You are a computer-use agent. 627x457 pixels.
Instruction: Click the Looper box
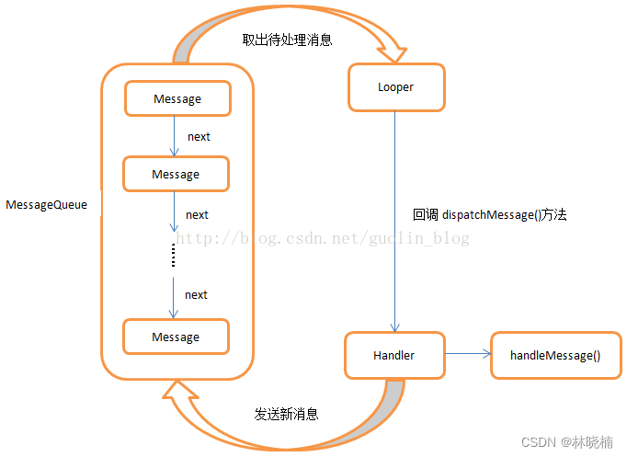click(395, 87)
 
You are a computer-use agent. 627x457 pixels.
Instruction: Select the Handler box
click(393, 355)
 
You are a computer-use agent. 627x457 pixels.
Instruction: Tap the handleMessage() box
click(555, 355)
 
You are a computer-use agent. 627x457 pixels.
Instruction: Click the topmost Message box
click(177, 98)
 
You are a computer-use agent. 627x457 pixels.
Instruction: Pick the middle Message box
click(176, 174)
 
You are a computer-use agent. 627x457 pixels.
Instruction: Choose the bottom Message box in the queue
click(176, 337)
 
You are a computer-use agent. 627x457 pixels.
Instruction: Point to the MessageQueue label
click(47, 205)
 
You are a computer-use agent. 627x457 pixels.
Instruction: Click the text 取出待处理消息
click(287, 40)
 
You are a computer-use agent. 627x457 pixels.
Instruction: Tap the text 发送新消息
click(286, 414)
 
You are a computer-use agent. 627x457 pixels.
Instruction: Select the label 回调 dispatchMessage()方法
click(489, 214)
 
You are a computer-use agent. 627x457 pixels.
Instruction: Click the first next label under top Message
click(199, 136)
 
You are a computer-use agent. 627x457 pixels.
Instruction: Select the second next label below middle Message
click(197, 214)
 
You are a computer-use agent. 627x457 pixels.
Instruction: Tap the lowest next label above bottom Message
click(196, 294)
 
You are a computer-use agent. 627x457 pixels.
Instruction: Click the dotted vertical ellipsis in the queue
click(173, 257)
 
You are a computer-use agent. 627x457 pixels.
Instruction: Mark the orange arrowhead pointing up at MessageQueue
click(177, 394)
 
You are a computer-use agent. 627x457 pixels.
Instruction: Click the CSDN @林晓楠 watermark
click(566, 442)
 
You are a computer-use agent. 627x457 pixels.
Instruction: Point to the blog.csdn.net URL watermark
click(322, 238)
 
